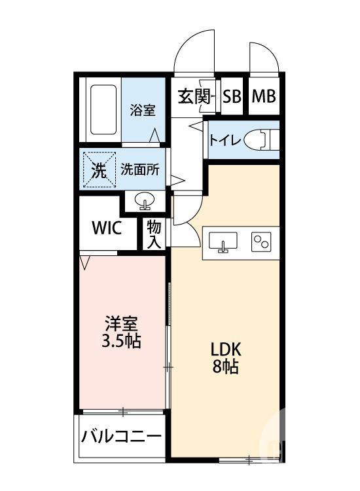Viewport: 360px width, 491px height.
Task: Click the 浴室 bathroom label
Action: (142, 110)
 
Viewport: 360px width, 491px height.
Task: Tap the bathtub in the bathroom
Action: (101, 108)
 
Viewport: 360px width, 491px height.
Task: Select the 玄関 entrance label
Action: (194, 97)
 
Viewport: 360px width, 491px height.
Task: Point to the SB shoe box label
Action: (231, 97)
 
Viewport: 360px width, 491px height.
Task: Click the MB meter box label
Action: (264, 97)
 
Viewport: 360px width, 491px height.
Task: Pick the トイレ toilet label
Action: (226, 139)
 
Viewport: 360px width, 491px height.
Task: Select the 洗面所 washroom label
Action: (139, 170)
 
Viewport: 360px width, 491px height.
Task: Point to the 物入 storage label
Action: (154, 234)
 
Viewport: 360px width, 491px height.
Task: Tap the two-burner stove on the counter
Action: (262, 242)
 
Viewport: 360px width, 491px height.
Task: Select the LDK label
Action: (225, 348)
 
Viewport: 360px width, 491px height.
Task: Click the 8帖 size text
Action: (225, 367)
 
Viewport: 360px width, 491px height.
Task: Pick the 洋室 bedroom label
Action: (122, 324)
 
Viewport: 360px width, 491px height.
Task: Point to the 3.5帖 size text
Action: (122, 342)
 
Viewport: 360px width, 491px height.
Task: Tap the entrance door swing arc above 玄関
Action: (195, 51)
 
